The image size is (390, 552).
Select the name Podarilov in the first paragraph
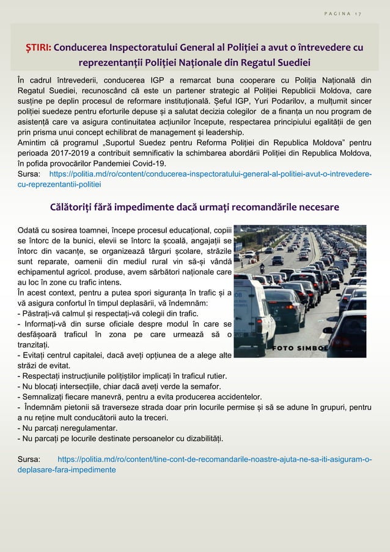[290, 101]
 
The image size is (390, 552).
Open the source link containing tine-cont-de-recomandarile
[213, 459]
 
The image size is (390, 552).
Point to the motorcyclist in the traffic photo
[262, 267]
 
